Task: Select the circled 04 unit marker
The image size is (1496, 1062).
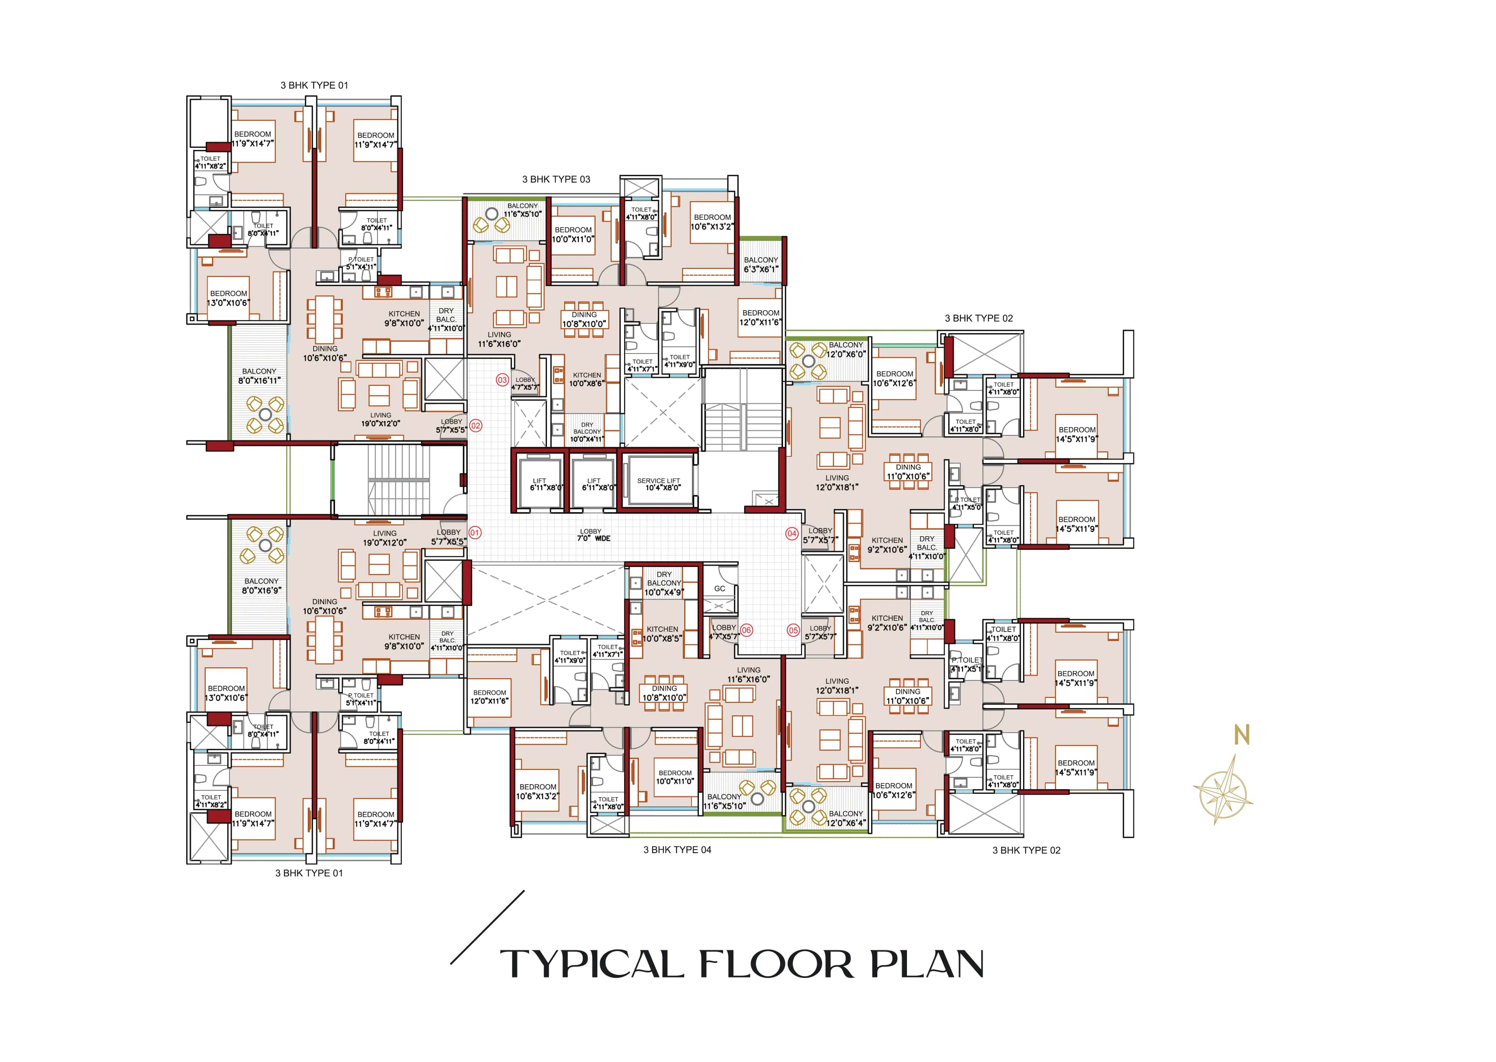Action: (x=792, y=534)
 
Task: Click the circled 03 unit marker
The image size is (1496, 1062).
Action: (x=502, y=380)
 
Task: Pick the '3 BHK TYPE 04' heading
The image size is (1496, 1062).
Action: (x=677, y=850)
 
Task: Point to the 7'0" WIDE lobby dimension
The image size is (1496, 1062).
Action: (x=593, y=538)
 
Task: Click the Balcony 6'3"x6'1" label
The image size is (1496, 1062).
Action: (x=761, y=264)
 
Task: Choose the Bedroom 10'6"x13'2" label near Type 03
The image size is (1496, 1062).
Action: (x=712, y=222)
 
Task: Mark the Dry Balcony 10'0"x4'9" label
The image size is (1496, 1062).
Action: (x=663, y=583)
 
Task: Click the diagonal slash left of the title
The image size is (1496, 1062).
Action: (x=487, y=927)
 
